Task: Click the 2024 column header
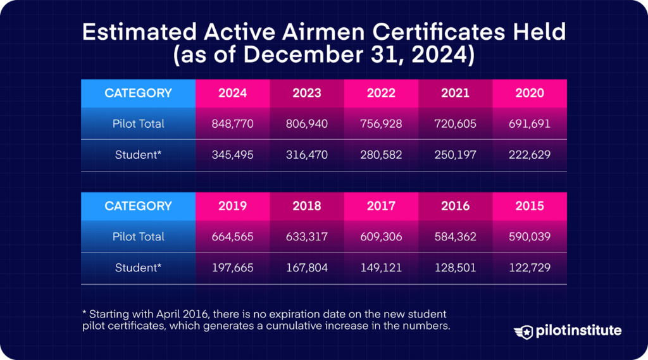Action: pyautogui.click(x=233, y=93)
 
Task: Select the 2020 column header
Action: pyautogui.click(x=529, y=93)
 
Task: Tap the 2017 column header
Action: pyautogui.click(x=381, y=206)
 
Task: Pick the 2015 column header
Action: pyautogui.click(x=529, y=206)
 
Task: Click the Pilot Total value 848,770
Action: pyautogui.click(x=233, y=124)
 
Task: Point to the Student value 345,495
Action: pyautogui.click(x=233, y=155)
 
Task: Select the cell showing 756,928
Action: pyautogui.click(x=381, y=124)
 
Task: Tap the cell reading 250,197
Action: pyautogui.click(x=455, y=155)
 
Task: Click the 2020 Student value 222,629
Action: pyautogui.click(x=529, y=155)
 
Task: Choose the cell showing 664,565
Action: pyautogui.click(x=233, y=237)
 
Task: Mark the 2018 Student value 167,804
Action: pyautogui.click(x=307, y=268)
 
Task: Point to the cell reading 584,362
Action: pyautogui.click(x=455, y=237)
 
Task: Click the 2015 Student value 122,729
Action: pyautogui.click(x=529, y=268)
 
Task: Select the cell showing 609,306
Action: pyautogui.click(x=381, y=237)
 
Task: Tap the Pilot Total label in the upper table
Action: pyautogui.click(x=138, y=124)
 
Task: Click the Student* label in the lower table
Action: pyautogui.click(x=138, y=268)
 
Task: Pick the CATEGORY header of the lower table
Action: pyautogui.click(x=138, y=206)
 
